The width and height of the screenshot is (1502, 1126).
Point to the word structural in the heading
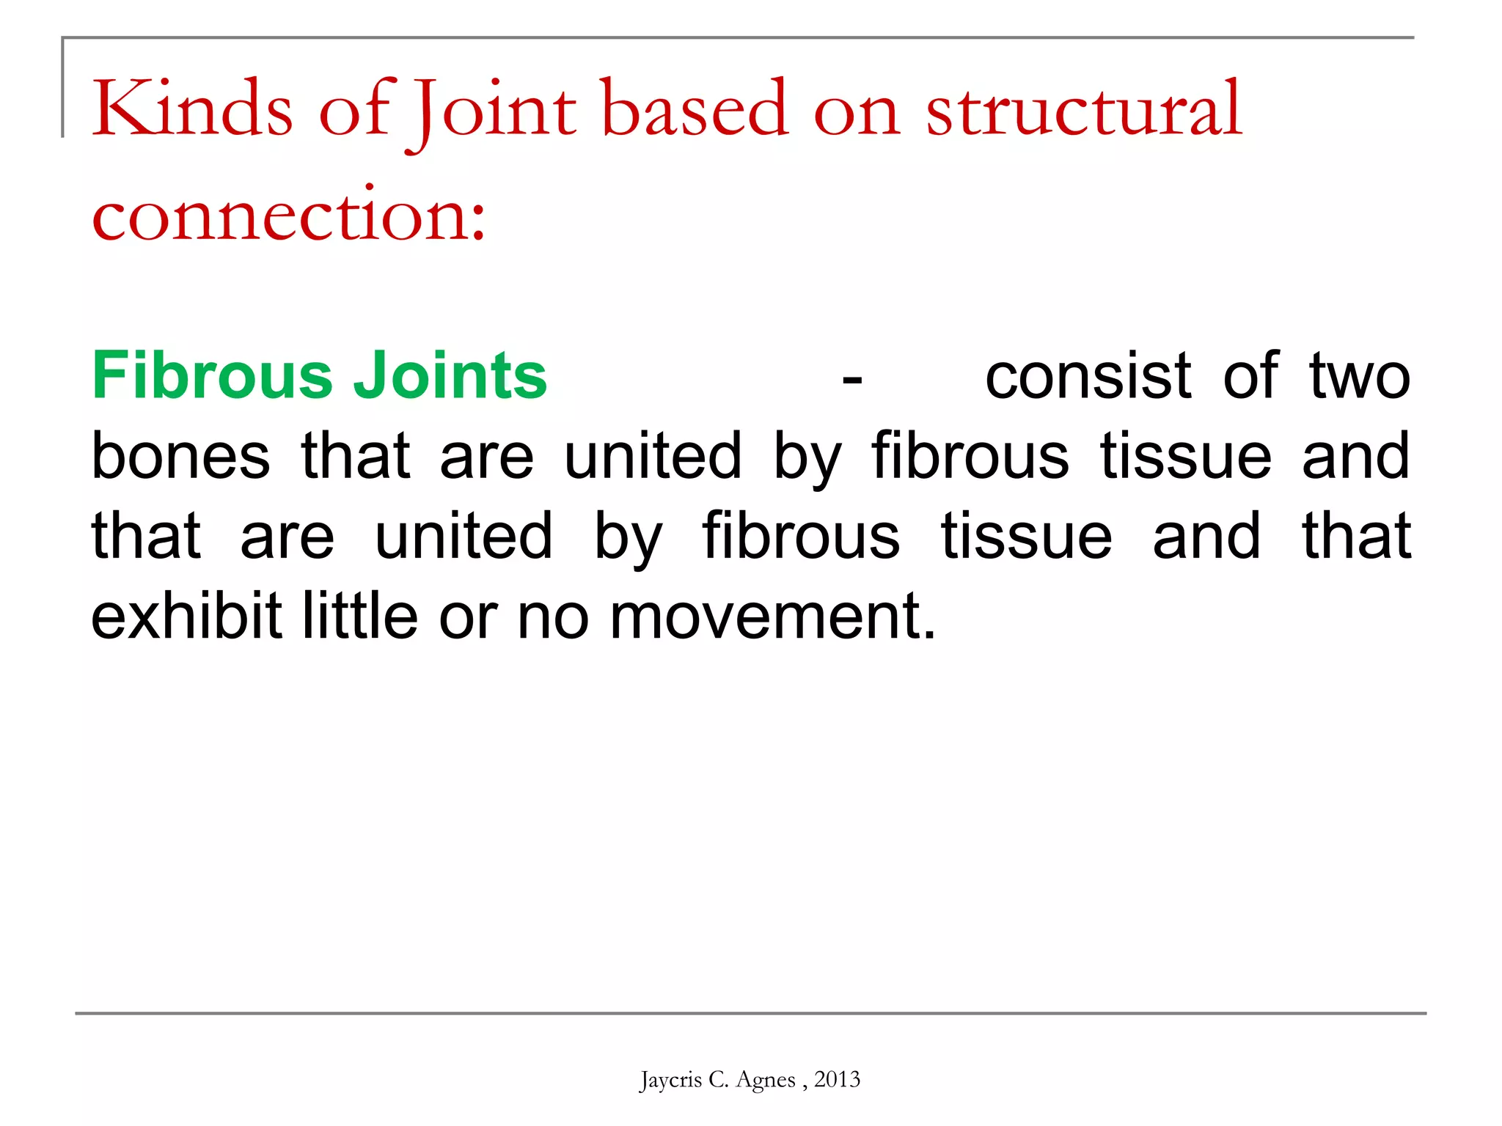pyautogui.click(x=1084, y=110)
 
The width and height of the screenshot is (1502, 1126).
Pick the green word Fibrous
pyautogui.click(x=213, y=375)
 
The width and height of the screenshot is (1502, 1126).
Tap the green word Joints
pyautogui.click(x=450, y=375)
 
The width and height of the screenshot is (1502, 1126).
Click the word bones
pyautogui.click(x=180, y=456)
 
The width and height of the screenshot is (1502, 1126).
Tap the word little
pyautogui.click(x=360, y=616)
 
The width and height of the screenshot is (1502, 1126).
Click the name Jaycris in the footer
pyautogui.click(x=670, y=1080)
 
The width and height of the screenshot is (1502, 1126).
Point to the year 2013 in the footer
pyautogui.click(x=837, y=1079)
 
